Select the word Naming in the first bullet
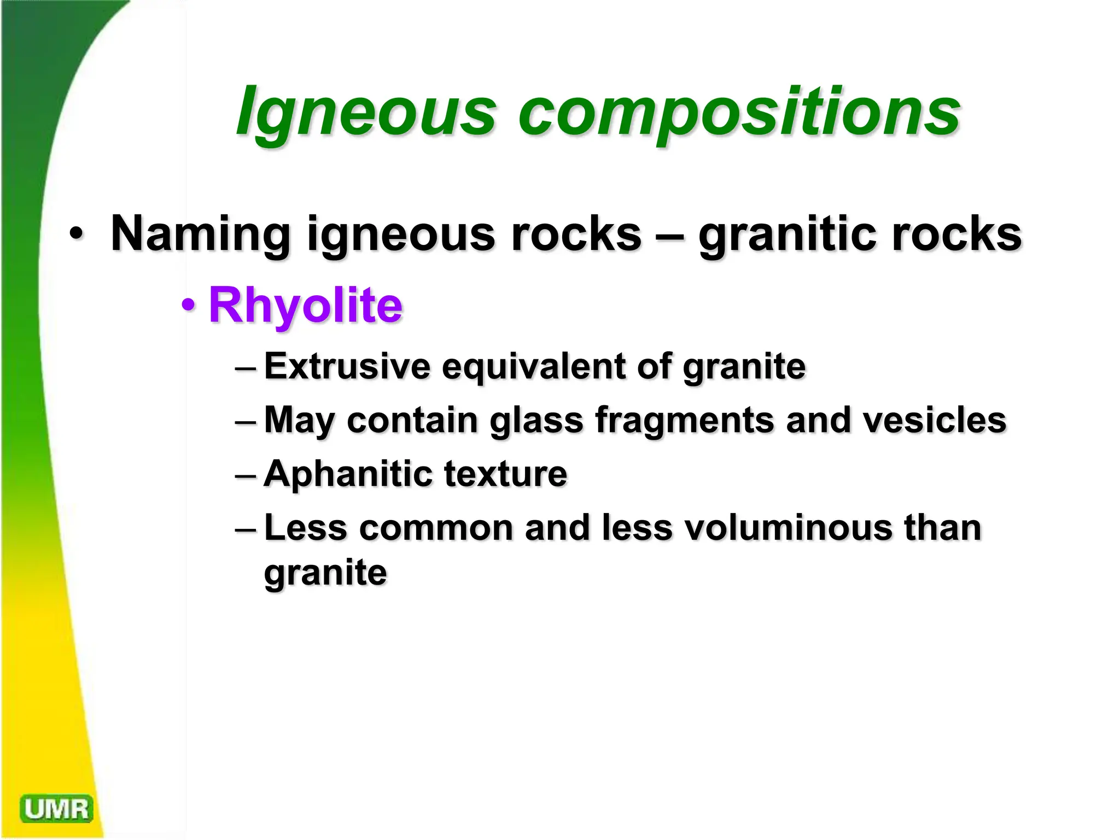click(x=200, y=234)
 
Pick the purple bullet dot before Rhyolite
click(x=188, y=304)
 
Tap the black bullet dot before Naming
click(x=76, y=234)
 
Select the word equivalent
click(x=533, y=366)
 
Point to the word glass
click(x=536, y=421)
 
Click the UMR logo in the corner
click(x=56, y=809)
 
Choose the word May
click(x=299, y=421)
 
